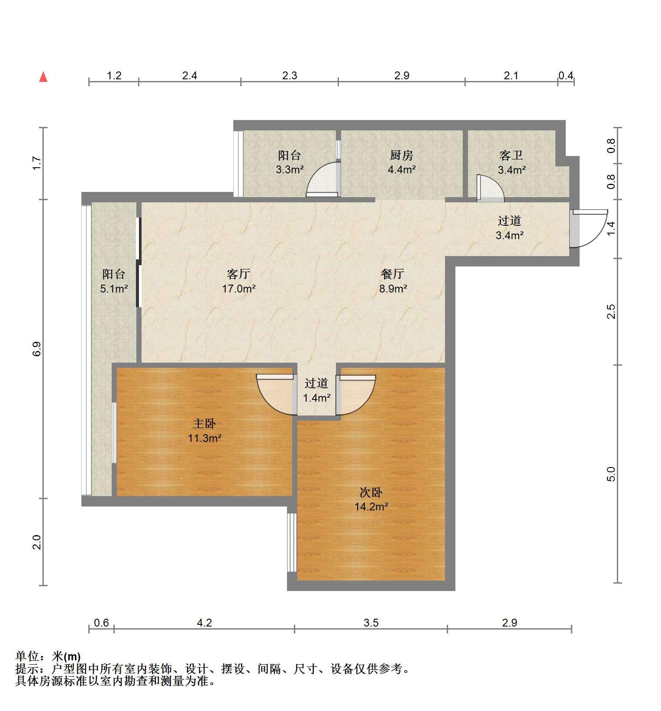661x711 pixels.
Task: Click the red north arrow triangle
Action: coord(43,77)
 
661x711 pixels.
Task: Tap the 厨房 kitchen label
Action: coord(401,155)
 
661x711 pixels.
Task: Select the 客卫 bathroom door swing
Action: coord(490,188)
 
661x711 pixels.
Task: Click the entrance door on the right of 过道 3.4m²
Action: coord(589,228)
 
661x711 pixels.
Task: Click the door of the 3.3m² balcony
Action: coord(323,179)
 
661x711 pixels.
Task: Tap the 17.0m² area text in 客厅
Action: coord(239,289)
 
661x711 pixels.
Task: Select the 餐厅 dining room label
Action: coord(393,274)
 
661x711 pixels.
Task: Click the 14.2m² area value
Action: coord(371,506)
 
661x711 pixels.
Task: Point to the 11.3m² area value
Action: coord(204,438)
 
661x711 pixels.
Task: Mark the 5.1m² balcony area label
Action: coord(114,289)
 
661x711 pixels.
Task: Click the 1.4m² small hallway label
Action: coord(316,398)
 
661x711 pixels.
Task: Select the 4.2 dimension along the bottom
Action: coord(204,623)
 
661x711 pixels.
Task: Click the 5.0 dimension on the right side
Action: coord(611,474)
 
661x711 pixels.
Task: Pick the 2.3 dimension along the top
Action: coord(290,75)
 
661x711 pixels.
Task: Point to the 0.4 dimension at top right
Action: coord(566,75)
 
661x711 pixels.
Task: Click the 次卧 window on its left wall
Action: coord(292,542)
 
